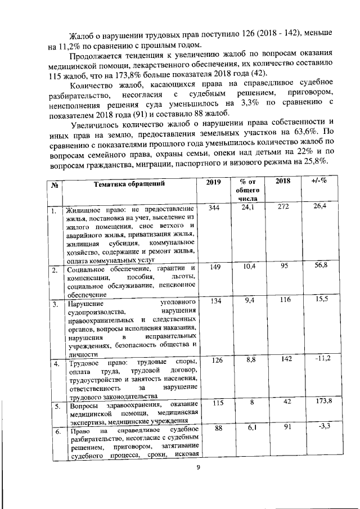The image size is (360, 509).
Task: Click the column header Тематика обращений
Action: (x=129, y=183)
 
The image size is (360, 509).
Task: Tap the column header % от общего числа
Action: (x=247, y=190)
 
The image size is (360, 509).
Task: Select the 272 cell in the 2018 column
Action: (x=282, y=208)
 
